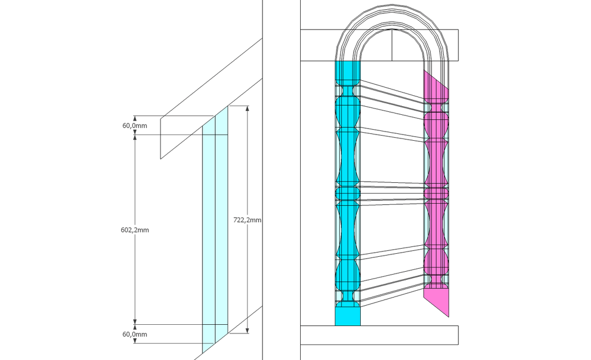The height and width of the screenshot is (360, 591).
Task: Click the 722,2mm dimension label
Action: coord(247,220)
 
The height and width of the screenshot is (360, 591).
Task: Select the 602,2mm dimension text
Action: coord(135,230)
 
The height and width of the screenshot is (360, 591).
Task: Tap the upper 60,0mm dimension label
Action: coord(134,126)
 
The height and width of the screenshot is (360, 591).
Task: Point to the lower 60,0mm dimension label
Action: coord(134,335)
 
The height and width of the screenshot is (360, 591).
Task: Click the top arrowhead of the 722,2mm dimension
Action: coord(247,108)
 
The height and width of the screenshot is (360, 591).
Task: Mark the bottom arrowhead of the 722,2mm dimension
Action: coord(247,331)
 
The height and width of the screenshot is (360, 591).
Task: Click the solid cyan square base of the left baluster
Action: coord(347,317)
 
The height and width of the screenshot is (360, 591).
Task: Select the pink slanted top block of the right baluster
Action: coord(436,87)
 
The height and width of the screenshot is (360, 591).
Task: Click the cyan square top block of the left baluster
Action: coord(347,70)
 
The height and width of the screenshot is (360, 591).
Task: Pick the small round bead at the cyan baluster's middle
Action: coord(347,193)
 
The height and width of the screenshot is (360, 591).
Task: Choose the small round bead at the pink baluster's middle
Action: coord(436,193)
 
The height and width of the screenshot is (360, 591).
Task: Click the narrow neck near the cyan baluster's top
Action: coord(347,91)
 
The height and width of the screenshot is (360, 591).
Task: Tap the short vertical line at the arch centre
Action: coord(392,45)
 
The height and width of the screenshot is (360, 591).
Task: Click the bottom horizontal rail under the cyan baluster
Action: coord(379,335)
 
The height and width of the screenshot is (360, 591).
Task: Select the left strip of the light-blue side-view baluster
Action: coord(209,234)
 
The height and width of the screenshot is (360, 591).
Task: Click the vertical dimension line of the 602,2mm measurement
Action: coord(135,230)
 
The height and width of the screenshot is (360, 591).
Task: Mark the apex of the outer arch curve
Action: coord(392,5)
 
